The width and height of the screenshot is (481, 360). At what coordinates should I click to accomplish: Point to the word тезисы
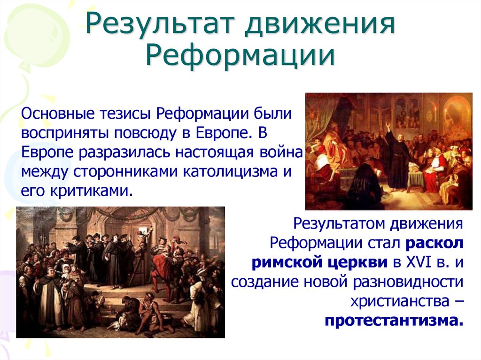[x=123, y=114]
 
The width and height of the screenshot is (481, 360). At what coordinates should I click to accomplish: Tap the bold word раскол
[x=435, y=243]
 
